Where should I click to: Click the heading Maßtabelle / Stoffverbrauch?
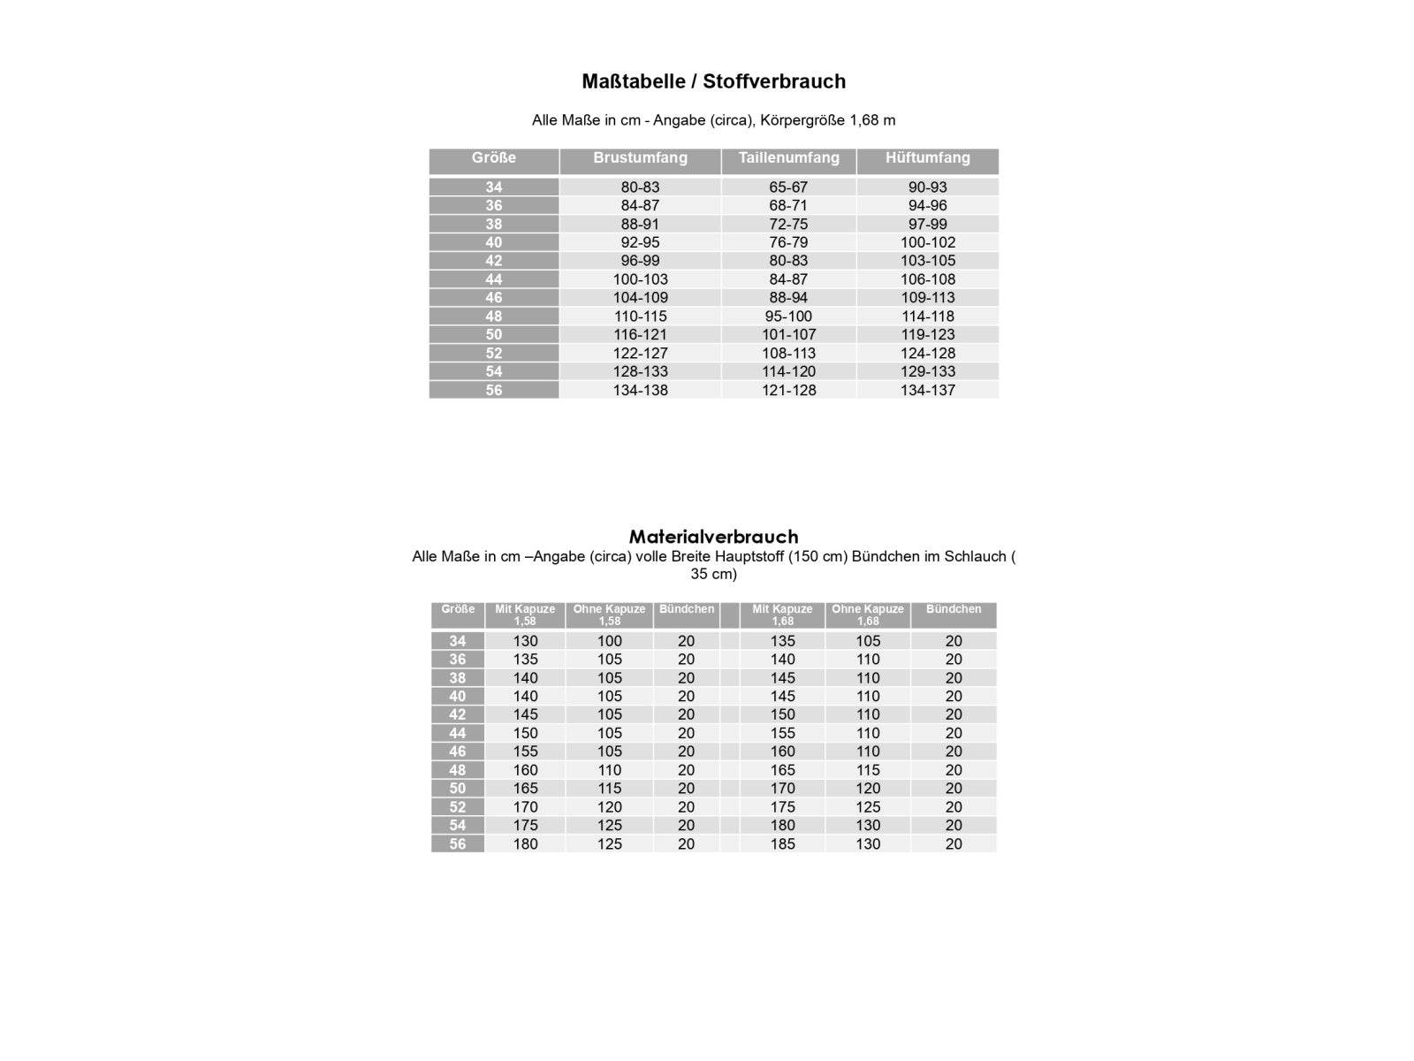713,81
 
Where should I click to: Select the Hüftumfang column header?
927,158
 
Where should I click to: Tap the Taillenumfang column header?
788,158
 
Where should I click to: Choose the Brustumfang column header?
640,158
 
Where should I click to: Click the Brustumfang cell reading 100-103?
640,279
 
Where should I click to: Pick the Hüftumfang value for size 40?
927,242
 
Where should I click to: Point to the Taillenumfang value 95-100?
788,317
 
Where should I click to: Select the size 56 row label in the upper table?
493,390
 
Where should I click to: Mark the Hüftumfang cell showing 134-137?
927,390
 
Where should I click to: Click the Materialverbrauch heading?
713,537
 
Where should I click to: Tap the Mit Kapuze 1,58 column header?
525,614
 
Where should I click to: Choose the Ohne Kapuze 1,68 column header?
867,614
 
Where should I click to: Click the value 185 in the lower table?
782,844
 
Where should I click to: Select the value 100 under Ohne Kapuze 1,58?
609,641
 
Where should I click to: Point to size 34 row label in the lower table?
457,641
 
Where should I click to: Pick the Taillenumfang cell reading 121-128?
788,390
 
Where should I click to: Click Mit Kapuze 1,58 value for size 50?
525,789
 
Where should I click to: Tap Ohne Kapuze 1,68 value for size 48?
867,770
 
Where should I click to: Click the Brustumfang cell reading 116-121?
640,335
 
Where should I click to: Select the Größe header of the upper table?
493,158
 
